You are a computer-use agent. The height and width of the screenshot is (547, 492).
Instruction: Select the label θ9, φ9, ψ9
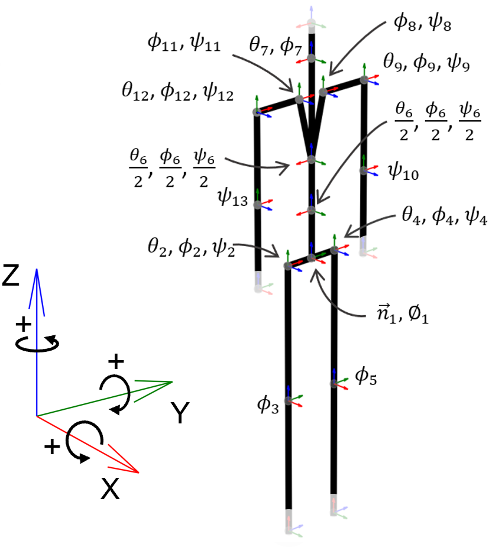[426, 62]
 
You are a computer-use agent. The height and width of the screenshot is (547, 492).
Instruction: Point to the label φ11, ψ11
[184, 44]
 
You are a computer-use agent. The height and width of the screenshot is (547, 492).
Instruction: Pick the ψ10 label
[404, 171]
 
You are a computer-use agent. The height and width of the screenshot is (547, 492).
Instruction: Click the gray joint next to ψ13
[257, 205]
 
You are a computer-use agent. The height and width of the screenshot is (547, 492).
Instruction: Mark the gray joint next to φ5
[334, 384]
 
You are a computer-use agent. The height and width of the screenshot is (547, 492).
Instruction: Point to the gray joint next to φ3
[288, 401]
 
